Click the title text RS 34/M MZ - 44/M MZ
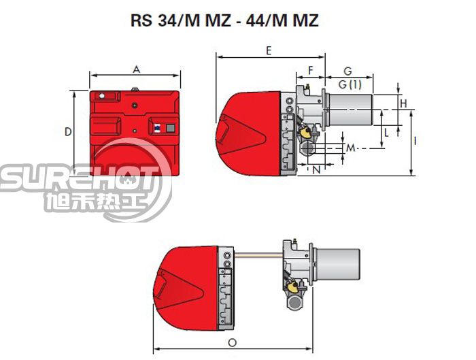click(224, 21)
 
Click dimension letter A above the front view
click(137, 69)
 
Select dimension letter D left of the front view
click(68, 131)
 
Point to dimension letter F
click(311, 70)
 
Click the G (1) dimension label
click(351, 84)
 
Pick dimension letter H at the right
click(403, 103)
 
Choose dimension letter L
click(386, 133)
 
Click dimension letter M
click(351, 148)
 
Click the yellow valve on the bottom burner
click(296, 289)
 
